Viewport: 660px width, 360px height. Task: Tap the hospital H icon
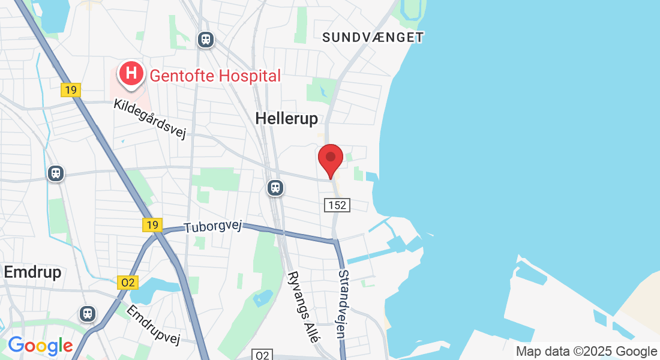131,74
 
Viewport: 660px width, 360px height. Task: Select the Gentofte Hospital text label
215,76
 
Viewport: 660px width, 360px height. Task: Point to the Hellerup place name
286,119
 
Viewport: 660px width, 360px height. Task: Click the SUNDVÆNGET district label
373,37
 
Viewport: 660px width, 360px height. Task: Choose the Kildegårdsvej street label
149,119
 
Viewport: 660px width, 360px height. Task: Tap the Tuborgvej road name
212,227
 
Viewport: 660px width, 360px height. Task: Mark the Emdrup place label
32,272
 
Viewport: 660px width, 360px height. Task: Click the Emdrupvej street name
154,325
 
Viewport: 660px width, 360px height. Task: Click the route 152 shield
337,205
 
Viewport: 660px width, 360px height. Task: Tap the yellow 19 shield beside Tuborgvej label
152,225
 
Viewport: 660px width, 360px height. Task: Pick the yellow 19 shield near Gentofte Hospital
71,90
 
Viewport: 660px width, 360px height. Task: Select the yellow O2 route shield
128,283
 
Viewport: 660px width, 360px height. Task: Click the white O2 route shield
262,355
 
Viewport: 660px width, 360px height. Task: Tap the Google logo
40,346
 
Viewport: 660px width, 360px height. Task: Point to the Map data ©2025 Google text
586,352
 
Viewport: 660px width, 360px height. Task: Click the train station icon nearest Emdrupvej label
88,313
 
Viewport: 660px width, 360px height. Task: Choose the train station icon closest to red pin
275,187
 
